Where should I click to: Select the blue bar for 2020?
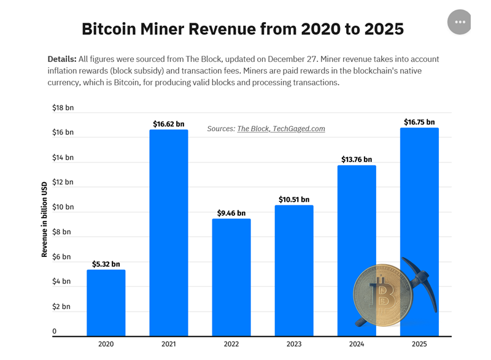coord(106,303)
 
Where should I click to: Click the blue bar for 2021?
coord(169,233)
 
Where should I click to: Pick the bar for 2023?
coord(294,270)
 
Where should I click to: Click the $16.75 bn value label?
coord(419,123)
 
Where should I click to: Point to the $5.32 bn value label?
coord(106,264)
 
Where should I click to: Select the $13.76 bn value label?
coord(357,159)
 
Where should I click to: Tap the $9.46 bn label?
coord(231,213)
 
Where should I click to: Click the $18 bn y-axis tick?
coord(63,108)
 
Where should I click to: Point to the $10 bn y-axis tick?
coord(63,207)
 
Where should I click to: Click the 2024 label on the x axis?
coord(357,344)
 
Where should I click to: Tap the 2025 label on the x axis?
coord(419,344)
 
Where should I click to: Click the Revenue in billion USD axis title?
coord(45,219)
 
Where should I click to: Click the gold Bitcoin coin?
coord(382,295)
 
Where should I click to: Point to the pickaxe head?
coord(417,273)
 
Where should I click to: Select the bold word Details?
coord(61,59)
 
